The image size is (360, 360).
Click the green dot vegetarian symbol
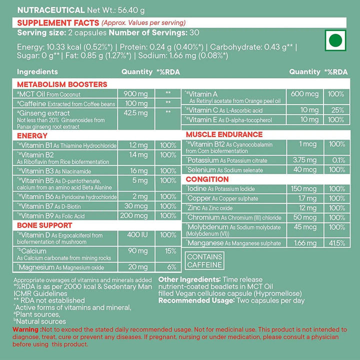pos(336,40)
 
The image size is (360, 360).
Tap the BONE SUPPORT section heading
pos(44,225)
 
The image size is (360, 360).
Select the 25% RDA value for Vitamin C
pos(336,109)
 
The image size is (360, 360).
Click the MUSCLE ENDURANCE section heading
pos(224,134)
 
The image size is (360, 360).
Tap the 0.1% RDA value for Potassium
pos(336,160)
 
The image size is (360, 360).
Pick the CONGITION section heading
pos(207,179)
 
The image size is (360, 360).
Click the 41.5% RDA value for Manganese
pos(336,243)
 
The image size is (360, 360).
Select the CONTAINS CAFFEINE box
pos(204,260)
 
